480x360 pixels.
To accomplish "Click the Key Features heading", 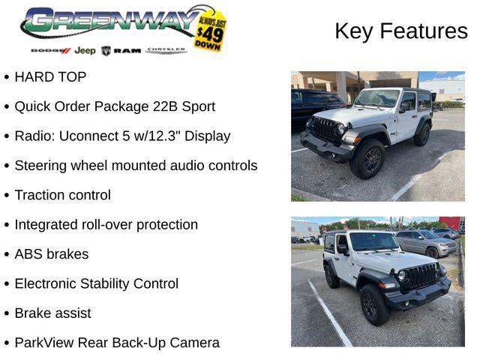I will coord(400,31).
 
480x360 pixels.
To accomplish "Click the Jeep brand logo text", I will coord(85,50).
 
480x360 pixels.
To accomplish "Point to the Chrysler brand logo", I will coord(166,50).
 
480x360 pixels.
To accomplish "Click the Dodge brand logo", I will coord(50,50).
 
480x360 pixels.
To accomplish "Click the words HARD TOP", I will coord(50,77).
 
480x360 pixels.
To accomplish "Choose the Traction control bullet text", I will coord(62,195).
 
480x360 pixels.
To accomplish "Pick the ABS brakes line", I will coord(51,254).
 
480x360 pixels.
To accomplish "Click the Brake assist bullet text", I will coord(52,313).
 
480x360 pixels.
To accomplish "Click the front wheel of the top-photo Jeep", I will coord(368,159).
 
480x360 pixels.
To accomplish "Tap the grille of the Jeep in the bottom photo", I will coord(420,276).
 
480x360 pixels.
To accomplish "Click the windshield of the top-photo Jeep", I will coord(378,98).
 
